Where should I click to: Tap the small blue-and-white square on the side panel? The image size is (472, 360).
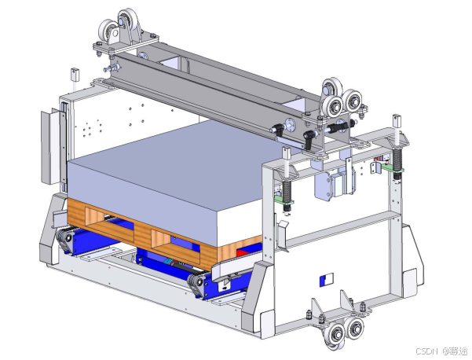[x=326, y=280]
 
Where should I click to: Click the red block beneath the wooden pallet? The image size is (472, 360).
[x=243, y=252]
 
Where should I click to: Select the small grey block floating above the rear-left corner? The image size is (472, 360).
[x=75, y=75]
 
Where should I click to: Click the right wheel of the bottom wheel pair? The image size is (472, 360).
[x=354, y=328]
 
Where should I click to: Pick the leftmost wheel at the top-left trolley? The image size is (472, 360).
[x=108, y=30]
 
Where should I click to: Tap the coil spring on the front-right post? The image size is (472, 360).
[x=287, y=190]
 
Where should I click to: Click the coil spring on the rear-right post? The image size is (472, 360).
[x=397, y=160]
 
